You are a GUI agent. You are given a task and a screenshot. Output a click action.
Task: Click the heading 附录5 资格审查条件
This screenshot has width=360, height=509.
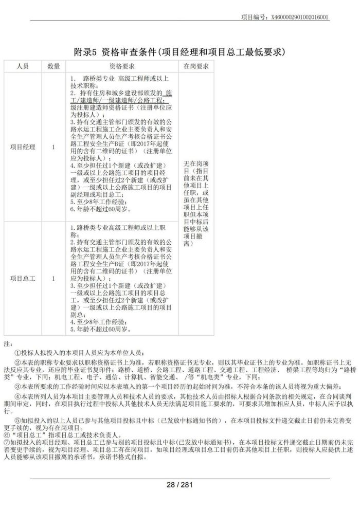coord(179,52)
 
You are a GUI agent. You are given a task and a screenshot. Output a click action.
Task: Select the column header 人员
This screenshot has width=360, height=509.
coord(23,66)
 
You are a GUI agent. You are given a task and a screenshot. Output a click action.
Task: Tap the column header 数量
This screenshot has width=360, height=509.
coord(53,66)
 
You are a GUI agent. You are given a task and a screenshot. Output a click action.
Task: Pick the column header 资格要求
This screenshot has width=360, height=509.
coord(121,66)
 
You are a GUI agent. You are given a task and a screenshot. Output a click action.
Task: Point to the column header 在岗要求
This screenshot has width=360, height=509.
coord(196,66)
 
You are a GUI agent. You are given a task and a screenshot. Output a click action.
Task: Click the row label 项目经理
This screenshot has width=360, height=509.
coord(23,147)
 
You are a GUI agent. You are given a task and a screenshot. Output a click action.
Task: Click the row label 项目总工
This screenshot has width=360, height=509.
coord(23,278)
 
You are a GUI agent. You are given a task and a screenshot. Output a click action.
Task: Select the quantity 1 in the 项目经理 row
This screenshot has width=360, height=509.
coord(53,147)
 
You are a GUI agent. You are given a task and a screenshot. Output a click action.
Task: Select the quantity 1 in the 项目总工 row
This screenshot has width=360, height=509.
coord(53,278)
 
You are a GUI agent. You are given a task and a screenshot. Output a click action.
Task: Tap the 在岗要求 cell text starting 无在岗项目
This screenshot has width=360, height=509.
coord(196,203)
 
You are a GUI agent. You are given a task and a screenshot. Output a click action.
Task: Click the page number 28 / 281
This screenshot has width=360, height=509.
coord(179,485)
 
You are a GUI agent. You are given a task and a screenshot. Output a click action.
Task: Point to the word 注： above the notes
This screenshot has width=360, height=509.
coord(7,343)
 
